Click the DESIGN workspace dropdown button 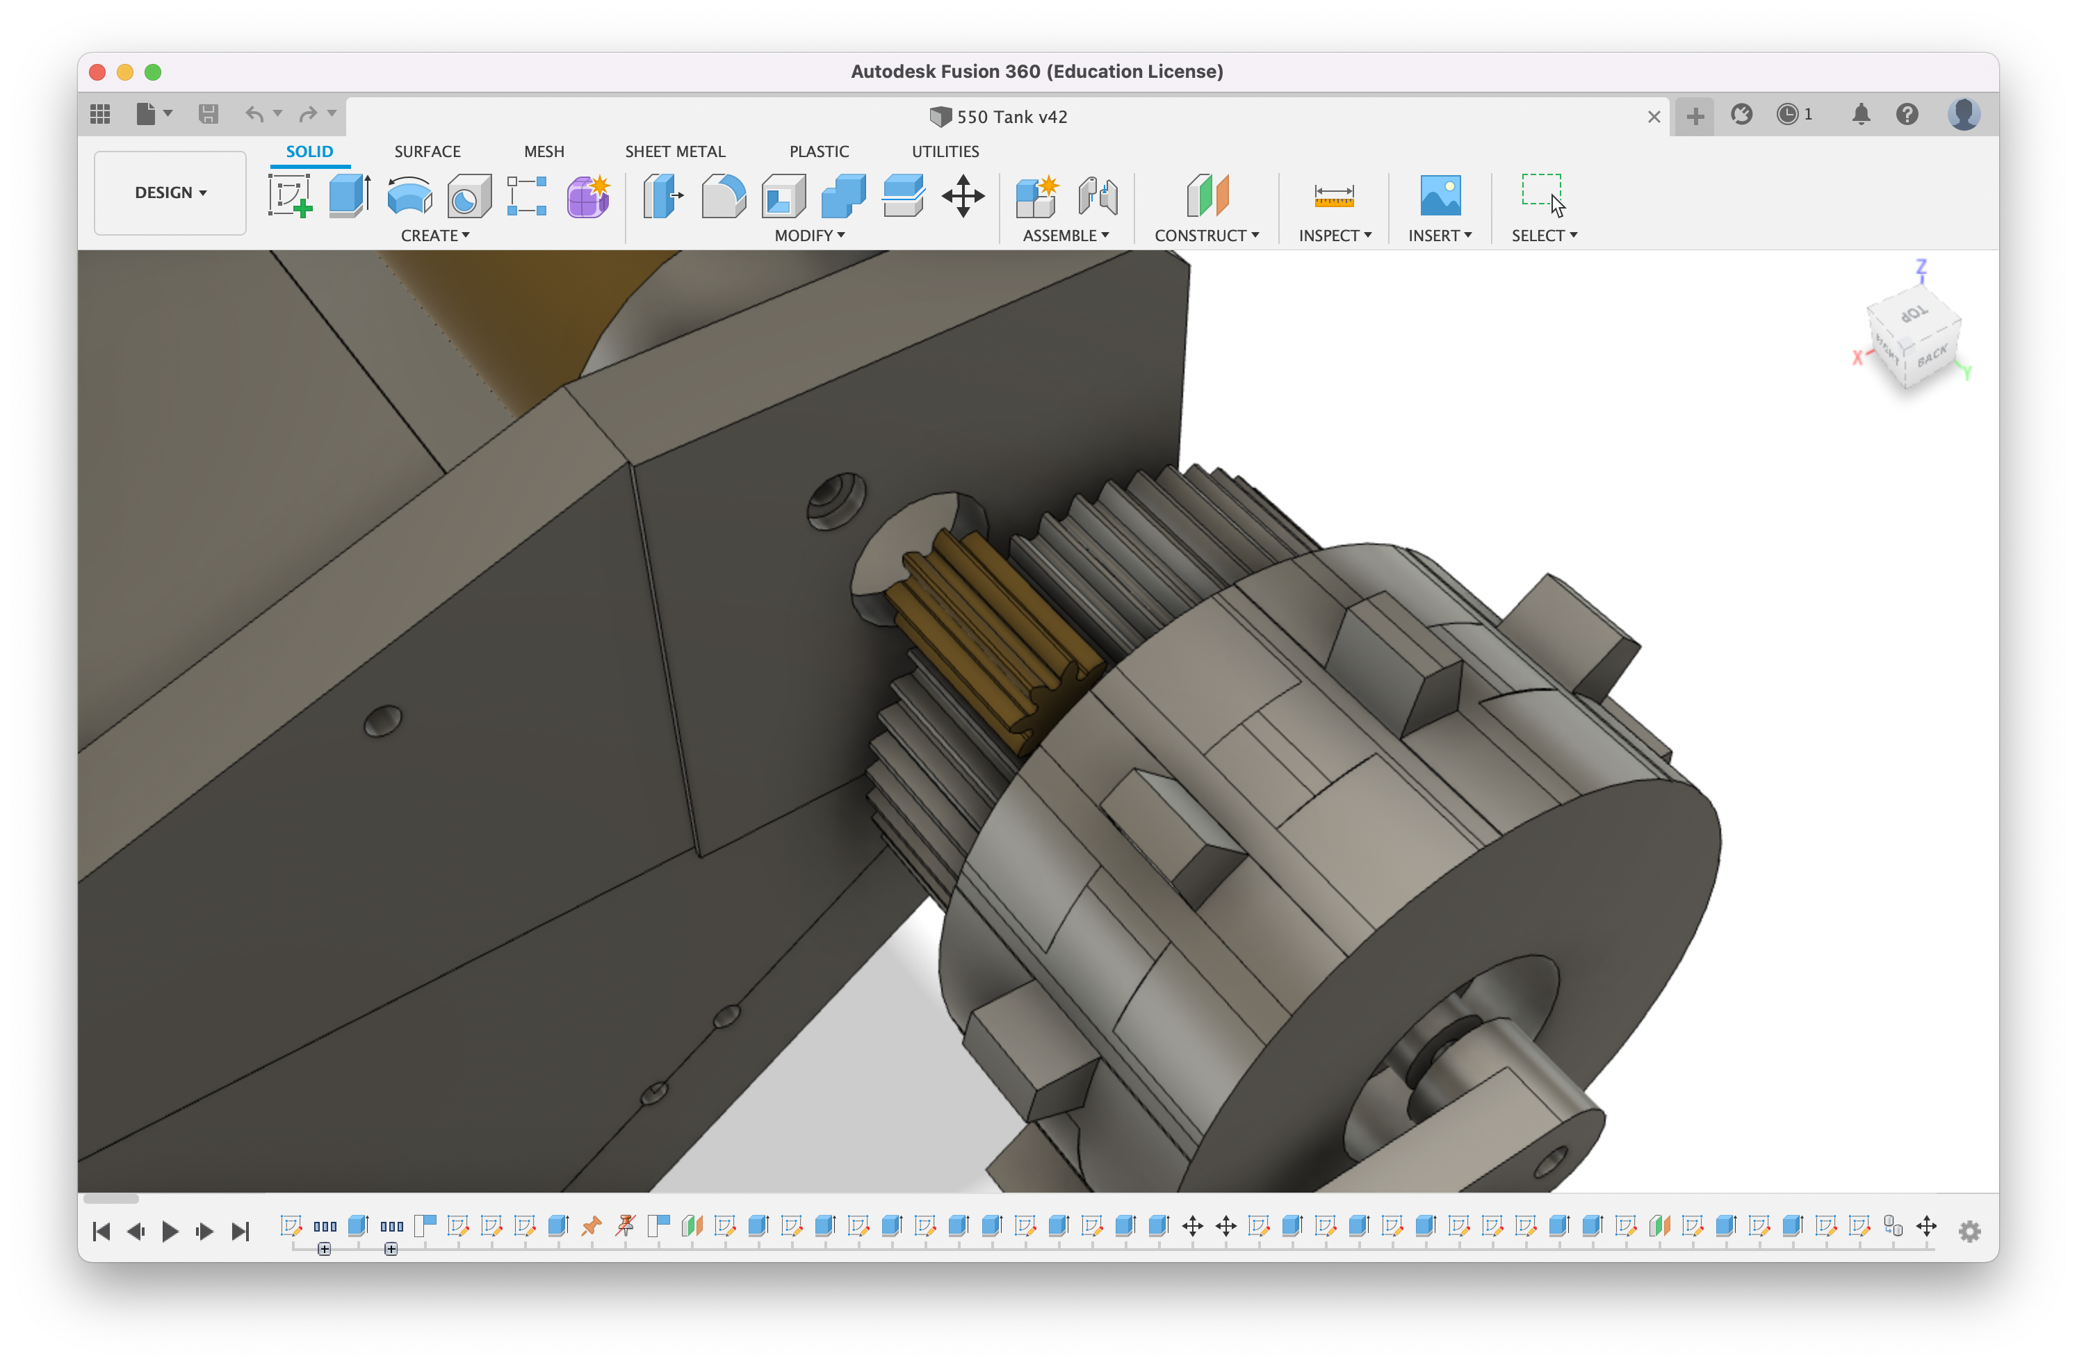click(x=170, y=193)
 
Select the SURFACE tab click(x=427, y=151)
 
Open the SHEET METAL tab click(x=674, y=151)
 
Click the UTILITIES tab click(x=945, y=151)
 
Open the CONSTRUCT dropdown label click(x=1206, y=236)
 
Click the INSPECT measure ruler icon click(x=1333, y=195)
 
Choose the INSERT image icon click(x=1439, y=195)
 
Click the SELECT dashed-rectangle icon click(x=1542, y=194)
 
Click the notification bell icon click(x=1861, y=115)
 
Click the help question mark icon click(x=1907, y=115)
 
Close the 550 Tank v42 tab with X click(x=1653, y=117)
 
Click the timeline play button click(x=170, y=1231)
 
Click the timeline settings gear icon click(x=1969, y=1231)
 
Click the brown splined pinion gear click(x=986, y=637)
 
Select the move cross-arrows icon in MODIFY click(x=963, y=195)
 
